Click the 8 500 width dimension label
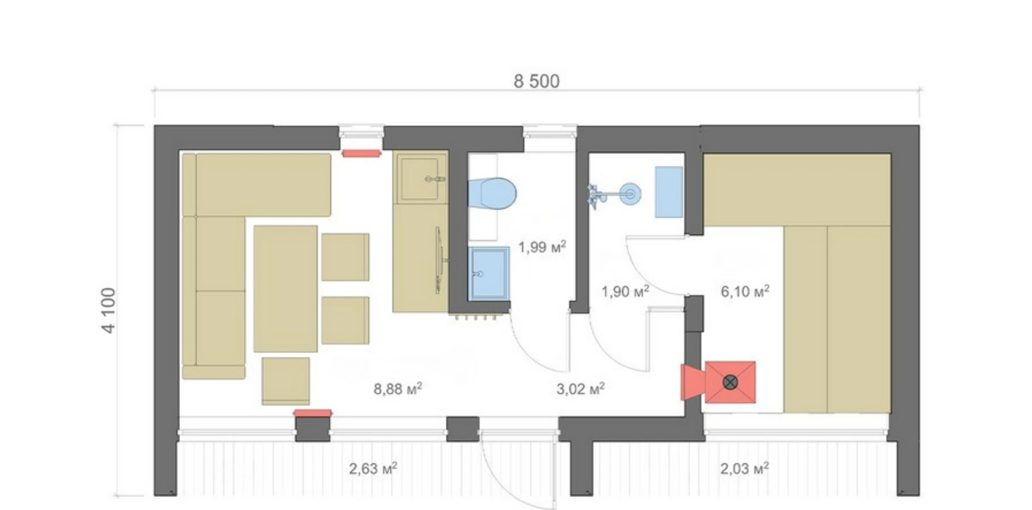(536, 81)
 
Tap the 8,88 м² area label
(397, 389)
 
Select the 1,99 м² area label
(542, 247)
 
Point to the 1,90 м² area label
(625, 292)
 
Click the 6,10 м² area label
(745, 292)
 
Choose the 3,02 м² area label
(580, 389)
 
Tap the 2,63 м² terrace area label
(373, 468)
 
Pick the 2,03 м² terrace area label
(744, 468)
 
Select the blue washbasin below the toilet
(489, 273)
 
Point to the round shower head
(630, 194)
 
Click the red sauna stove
(730, 382)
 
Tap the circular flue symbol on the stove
(730, 382)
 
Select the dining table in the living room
(285, 289)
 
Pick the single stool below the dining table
(286, 381)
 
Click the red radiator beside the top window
(361, 154)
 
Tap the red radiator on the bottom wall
(313, 413)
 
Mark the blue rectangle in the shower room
(669, 192)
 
